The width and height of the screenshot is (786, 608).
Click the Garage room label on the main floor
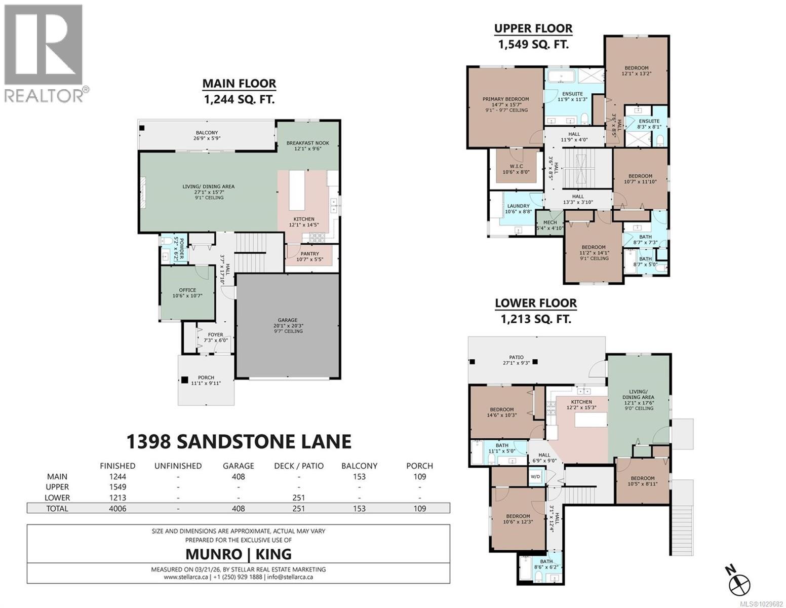[x=287, y=325]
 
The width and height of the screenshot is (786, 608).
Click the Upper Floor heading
[x=533, y=28]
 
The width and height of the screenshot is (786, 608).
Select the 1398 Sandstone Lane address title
[x=239, y=441]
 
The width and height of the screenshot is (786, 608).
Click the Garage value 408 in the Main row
[x=238, y=476]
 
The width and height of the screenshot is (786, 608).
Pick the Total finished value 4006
[x=117, y=508]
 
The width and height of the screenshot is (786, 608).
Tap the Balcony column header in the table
[x=359, y=466]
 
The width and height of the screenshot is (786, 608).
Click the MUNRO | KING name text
[x=239, y=553]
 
